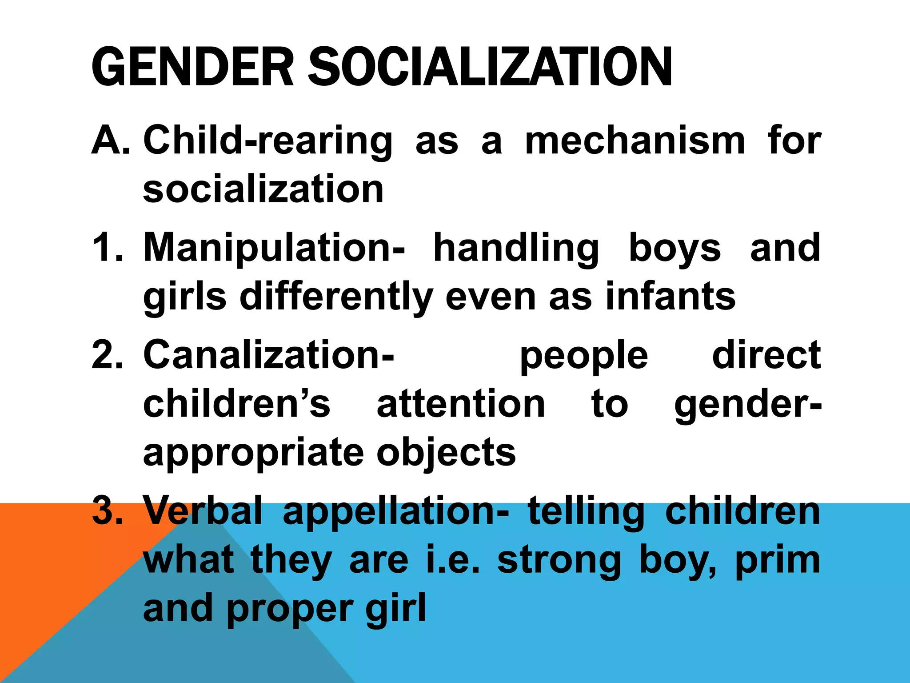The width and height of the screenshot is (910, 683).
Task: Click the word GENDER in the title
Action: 192,67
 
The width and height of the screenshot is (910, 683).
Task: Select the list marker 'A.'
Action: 111,141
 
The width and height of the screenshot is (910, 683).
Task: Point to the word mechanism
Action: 635,141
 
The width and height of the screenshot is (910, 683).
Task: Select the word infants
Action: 671,297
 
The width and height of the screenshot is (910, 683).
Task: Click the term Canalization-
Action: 268,354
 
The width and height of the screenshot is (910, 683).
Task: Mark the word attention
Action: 461,403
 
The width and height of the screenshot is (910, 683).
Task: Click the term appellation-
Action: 396,512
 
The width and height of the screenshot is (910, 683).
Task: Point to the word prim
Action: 778,561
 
